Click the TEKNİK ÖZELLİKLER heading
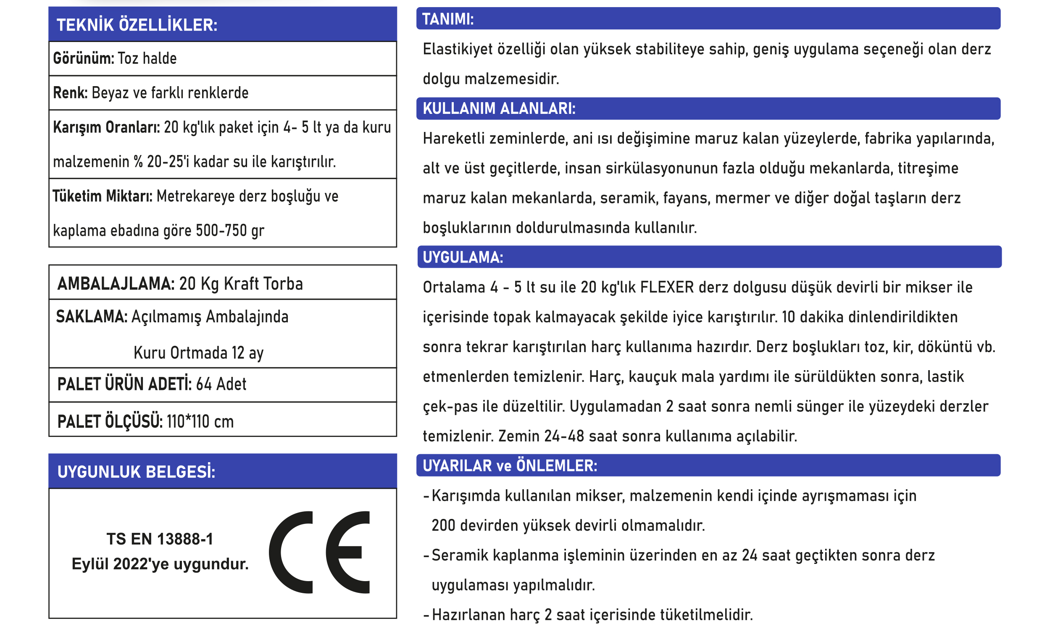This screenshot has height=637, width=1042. tap(137, 25)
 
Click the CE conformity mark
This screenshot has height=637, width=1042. tap(319, 552)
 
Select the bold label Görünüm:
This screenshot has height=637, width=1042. tap(83, 58)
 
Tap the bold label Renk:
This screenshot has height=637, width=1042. tap(70, 92)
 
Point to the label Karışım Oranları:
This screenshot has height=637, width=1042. tap(106, 127)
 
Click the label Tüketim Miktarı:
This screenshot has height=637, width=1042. tap(103, 196)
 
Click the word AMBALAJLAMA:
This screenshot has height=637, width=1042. tap(116, 284)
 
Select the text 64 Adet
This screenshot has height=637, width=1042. tap(221, 384)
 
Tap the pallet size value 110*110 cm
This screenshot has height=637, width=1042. tap(200, 422)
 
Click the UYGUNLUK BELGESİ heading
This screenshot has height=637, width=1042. tap(136, 472)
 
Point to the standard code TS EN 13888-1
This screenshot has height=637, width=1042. tap(160, 539)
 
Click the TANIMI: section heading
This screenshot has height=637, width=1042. tap(448, 19)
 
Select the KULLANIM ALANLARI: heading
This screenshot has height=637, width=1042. tap(499, 109)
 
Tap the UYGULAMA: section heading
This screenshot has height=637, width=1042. tap(463, 257)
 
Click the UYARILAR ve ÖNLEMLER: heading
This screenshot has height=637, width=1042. tap(510, 466)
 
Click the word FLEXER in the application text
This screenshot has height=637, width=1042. tap(667, 288)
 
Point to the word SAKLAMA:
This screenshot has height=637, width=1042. tap(92, 317)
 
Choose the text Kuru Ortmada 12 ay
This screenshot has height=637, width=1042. tap(198, 353)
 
